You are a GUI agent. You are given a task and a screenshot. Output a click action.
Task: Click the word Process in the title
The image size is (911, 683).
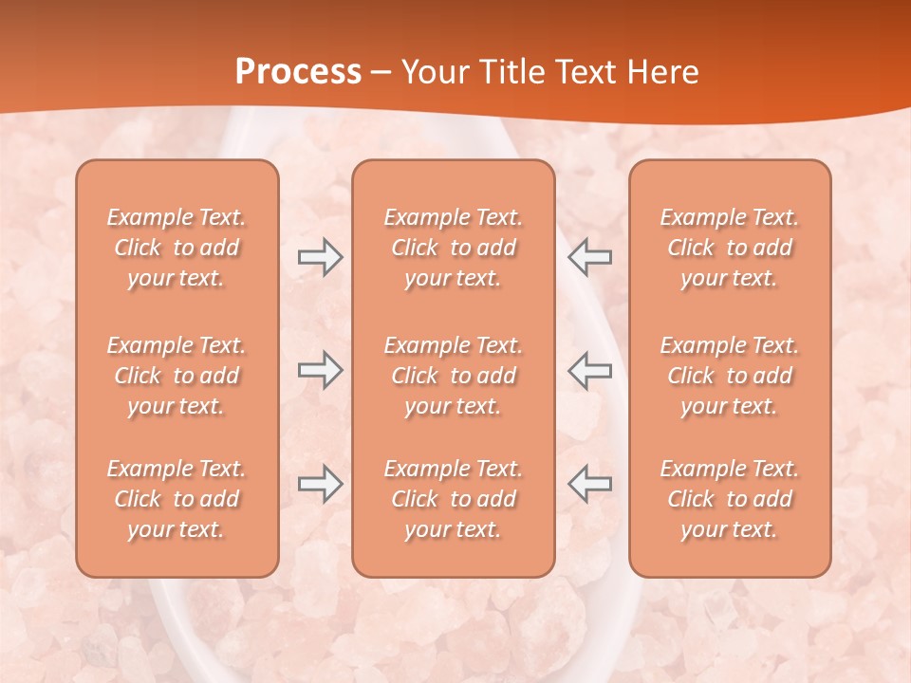coord(298,72)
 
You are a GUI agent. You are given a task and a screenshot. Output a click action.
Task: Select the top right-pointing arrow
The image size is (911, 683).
coord(320,257)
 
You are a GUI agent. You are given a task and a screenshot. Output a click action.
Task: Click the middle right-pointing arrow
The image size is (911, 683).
coord(320,370)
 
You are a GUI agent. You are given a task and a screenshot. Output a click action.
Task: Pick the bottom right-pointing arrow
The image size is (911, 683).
coord(320,484)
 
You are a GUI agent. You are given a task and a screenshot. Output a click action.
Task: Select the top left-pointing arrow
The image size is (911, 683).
coord(589,257)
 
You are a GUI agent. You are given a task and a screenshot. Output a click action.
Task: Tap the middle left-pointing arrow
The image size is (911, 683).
coord(589,370)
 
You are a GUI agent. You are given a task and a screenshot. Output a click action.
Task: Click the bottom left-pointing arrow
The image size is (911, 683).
coord(589,484)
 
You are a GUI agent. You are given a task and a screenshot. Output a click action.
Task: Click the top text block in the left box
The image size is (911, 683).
coord(177,248)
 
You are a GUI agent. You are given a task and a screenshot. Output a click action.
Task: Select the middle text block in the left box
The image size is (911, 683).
coord(177,376)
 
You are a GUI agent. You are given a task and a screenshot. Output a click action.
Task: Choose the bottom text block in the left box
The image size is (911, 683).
coord(177,499)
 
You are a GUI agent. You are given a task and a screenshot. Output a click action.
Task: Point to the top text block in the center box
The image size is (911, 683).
coord(453,248)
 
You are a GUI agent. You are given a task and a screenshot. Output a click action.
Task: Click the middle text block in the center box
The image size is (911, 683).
coord(453,376)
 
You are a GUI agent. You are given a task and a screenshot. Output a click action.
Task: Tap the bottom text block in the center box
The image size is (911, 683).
coord(453,499)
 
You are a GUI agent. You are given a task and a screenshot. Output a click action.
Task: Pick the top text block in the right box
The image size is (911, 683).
coord(729,248)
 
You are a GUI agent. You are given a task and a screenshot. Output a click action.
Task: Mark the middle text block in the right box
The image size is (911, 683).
coord(729,376)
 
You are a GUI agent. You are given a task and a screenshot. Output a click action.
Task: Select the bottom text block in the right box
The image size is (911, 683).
coord(729,499)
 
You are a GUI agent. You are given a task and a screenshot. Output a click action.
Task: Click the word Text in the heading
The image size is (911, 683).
coord(586,72)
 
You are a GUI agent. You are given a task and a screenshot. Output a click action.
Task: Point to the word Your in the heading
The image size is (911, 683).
coord(433,72)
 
